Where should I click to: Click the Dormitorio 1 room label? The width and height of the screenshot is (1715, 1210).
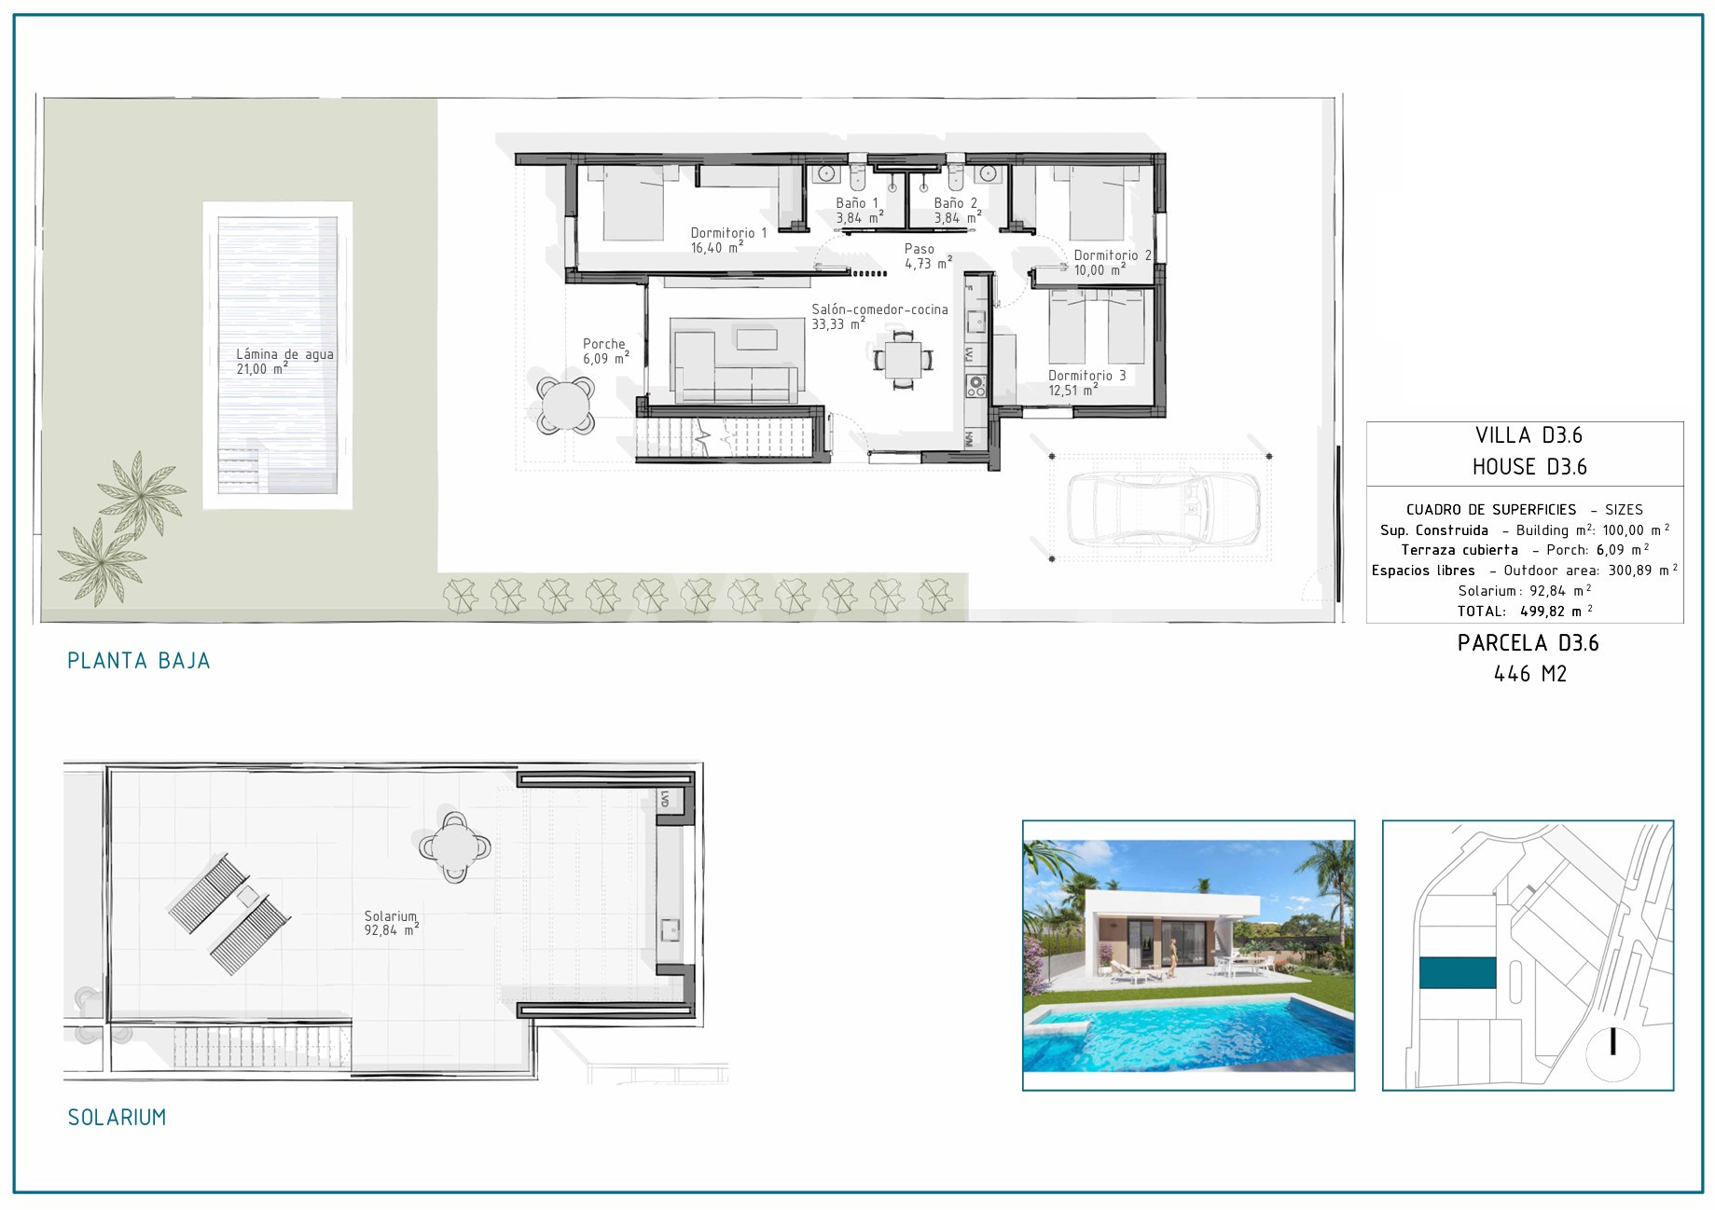[x=728, y=241]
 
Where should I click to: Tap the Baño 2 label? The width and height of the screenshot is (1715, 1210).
[x=957, y=211]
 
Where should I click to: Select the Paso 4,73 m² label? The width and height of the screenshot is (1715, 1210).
[x=928, y=256]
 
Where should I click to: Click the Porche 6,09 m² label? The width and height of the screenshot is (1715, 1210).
[x=605, y=351]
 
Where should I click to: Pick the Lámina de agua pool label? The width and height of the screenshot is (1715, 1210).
[x=284, y=362]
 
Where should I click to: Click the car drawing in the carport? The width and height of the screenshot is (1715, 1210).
[x=1162, y=508]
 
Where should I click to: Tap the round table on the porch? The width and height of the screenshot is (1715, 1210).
[x=565, y=406]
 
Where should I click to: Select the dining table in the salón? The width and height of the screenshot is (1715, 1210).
[x=903, y=359]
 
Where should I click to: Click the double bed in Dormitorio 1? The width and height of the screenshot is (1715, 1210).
[x=632, y=203]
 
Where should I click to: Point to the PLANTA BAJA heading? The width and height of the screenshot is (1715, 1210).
[x=139, y=661]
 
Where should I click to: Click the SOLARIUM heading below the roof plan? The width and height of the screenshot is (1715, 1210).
[x=117, y=1117]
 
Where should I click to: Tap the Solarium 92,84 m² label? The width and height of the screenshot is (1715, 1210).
[x=391, y=924]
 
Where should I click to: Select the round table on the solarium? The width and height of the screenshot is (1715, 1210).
[x=455, y=847]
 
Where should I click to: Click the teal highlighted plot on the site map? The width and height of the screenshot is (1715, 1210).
[x=1458, y=973]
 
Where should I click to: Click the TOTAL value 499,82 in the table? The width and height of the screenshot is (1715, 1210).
[x=1542, y=612]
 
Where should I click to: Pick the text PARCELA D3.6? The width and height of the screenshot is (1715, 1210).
[x=1528, y=643]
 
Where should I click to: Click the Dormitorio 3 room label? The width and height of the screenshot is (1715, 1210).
[x=1086, y=383]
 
